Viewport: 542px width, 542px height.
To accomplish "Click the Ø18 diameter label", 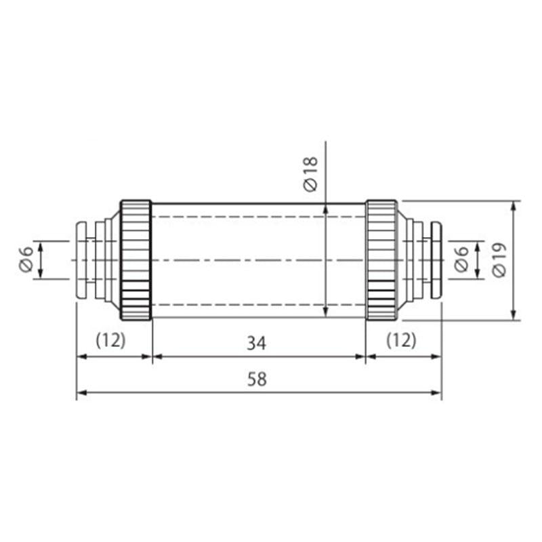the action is pos(310,173).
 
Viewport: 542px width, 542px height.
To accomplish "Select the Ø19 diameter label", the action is pos(499,260).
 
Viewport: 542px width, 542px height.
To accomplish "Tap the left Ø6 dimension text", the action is pos(26,259).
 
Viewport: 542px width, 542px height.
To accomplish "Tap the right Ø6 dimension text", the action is pos(461,259).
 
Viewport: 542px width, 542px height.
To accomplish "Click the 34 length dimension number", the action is pos(257,343).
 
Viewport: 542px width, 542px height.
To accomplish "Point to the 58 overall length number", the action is pos(257,379).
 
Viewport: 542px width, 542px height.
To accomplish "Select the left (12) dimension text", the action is pos(110,341).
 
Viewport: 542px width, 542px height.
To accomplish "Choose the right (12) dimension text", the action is pos(401,341).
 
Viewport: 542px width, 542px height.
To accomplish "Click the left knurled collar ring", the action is pos(136,260).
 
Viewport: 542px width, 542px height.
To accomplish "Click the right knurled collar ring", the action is pos(381,260).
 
